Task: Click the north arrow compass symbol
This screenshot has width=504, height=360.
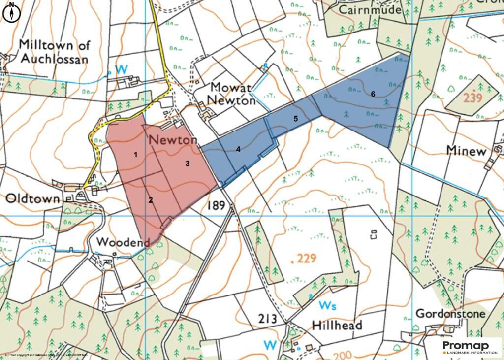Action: coord(11,12)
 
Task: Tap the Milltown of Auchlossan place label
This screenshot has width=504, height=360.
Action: coord(54,52)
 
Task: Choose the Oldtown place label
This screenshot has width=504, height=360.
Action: coord(32,198)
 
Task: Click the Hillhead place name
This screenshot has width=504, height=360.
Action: coord(337,325)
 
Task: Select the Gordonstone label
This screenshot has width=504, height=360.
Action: coord(450,314)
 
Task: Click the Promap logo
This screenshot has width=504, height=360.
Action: coord(469,346)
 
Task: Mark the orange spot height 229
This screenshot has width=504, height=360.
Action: coord(306,259)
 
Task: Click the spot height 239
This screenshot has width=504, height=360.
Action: coord(472,98)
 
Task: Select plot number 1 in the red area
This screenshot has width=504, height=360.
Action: coord(135,155)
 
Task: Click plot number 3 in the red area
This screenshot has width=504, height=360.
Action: coord(188,164)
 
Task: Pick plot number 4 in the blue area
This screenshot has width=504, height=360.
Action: coord(238,149)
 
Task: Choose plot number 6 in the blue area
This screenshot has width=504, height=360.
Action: coord(373,94)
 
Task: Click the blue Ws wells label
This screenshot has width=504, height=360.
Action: coord(327,305)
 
